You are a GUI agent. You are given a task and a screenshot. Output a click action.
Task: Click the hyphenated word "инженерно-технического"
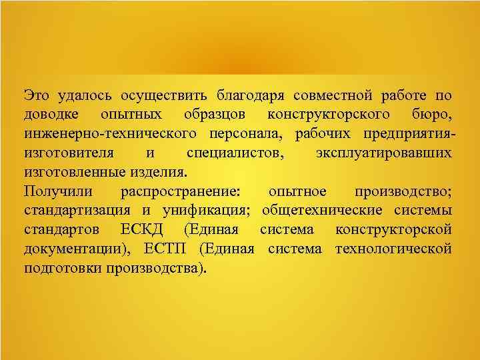(x=103, y=133)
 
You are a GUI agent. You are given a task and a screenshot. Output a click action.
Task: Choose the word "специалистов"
(x=233, y=153)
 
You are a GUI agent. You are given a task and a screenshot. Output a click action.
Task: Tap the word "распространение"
(x=184, y=191)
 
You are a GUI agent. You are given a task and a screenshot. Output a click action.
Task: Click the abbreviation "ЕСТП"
(x=175, y=249)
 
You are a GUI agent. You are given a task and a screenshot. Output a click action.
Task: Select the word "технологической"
(x=393, y=249)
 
